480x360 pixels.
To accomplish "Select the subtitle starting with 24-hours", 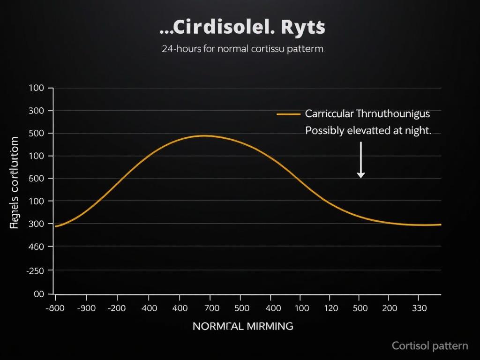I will (x=242, y=49).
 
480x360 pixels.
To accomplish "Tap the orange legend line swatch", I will (x=288, y=114).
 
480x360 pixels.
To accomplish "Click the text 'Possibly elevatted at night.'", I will (x=367, y=131).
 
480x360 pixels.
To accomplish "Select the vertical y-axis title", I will (x=14, y=183).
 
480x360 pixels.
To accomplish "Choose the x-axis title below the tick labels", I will (x=243, y=326).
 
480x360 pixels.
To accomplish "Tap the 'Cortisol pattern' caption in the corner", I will (x=429, y=346).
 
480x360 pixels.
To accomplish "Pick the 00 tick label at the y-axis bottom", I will (x=38, y=294).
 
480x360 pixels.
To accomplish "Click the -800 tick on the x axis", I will (x=55, y=308).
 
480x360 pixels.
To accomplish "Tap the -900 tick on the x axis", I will (x=85, y=308).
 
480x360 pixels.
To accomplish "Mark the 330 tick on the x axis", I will (x=419, y=308).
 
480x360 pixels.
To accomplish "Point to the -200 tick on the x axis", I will (x=116, y=308).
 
